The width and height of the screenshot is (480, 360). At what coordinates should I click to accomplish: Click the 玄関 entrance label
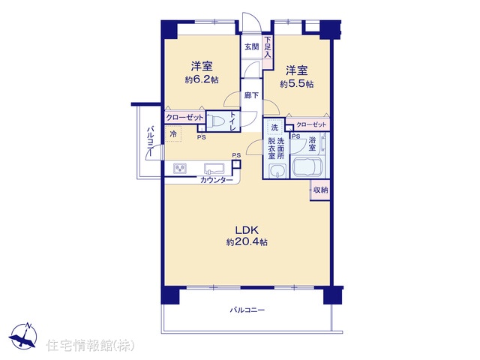(251, 46)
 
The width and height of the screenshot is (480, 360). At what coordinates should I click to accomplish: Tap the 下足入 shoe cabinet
(268, 52)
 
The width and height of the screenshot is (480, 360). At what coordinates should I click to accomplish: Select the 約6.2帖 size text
(202, 80)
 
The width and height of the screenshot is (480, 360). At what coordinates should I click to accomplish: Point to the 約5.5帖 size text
(297, 84)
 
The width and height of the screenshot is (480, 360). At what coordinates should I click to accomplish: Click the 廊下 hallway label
(251, 95)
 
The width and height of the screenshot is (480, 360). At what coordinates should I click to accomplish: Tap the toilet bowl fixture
(216, 121)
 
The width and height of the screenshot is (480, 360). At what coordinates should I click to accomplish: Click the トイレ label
(233, 121)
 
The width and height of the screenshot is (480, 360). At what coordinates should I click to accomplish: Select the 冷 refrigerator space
(173, 134)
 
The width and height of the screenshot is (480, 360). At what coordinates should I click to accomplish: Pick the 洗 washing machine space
(274, 127)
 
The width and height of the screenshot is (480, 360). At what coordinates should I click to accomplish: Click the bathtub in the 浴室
(308, 168)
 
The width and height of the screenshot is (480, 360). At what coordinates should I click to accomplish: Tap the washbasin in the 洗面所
(277, 170)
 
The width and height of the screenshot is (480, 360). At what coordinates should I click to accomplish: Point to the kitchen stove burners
(180, 168)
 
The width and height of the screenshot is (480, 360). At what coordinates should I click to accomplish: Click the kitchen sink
(214, 168)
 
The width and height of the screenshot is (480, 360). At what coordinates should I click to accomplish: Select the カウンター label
(217, 180)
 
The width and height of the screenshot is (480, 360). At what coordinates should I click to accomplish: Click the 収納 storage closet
(320, 190)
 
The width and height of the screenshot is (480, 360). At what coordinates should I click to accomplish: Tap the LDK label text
(247, 230)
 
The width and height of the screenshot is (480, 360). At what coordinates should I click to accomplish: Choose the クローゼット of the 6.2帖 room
(185, 117)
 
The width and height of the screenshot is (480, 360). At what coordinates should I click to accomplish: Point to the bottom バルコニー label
(247, 310)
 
